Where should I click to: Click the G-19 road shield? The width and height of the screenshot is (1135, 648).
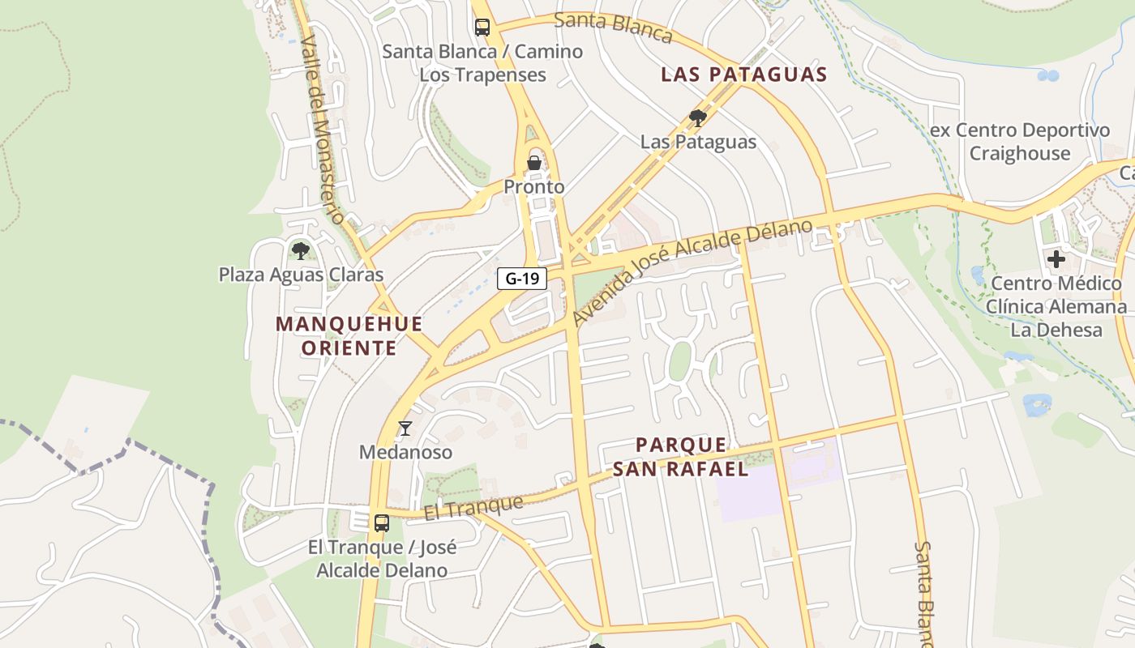pos(522,279)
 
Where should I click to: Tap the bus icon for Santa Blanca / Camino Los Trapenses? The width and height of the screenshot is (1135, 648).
pos(482,27)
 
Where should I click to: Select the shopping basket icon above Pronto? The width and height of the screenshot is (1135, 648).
pos(534,163)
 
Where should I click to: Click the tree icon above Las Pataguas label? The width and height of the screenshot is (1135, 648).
pos(697,118)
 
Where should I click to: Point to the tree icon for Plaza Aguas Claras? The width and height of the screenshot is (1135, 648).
pos(301,250)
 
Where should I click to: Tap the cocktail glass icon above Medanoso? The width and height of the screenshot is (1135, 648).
pos(405,428)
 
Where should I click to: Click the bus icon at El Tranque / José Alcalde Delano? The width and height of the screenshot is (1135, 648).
pos(382,522)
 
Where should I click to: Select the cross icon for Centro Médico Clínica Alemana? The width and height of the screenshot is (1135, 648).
pos(1056,259)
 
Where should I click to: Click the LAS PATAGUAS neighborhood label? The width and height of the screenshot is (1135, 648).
pos(743,75)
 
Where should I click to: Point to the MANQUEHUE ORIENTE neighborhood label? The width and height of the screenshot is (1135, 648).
pos(349,336)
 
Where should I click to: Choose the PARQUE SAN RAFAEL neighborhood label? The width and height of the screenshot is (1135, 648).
pos(681,457)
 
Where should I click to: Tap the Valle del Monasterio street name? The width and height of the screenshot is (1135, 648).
pos(323,130)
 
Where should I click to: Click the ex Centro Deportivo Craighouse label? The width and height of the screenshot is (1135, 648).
pos(1020,142)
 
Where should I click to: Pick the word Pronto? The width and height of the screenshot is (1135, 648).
pos(534,187)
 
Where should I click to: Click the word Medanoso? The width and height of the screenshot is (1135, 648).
pos(405,452)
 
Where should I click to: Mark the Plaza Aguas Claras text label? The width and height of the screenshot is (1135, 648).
pos(301,275)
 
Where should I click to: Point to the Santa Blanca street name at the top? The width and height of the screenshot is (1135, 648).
pos(614,27)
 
